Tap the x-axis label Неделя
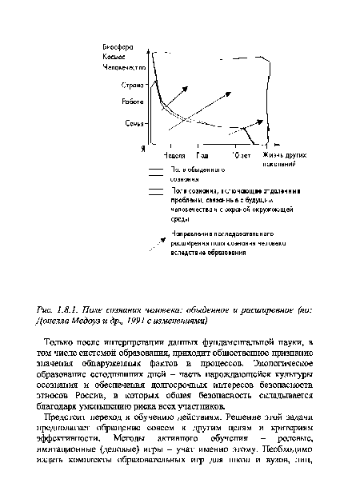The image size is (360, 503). (174, 154)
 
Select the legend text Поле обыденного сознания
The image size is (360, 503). (196, 175)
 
